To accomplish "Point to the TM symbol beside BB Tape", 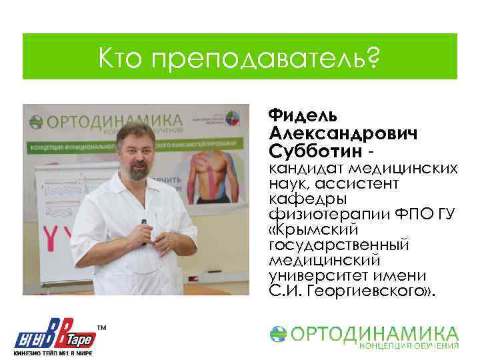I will click(102, 328).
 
